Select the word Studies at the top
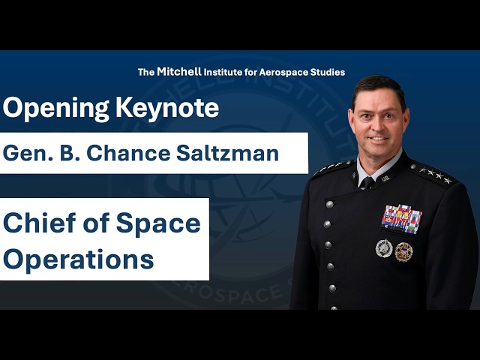(x=326, y=73)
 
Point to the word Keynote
(x=167, y=109)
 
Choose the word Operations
(x=79, y=259)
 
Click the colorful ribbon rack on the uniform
(x=402, y=218)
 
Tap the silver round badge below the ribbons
(x=384, y=248)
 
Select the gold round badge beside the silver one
(x=404, y=251)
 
